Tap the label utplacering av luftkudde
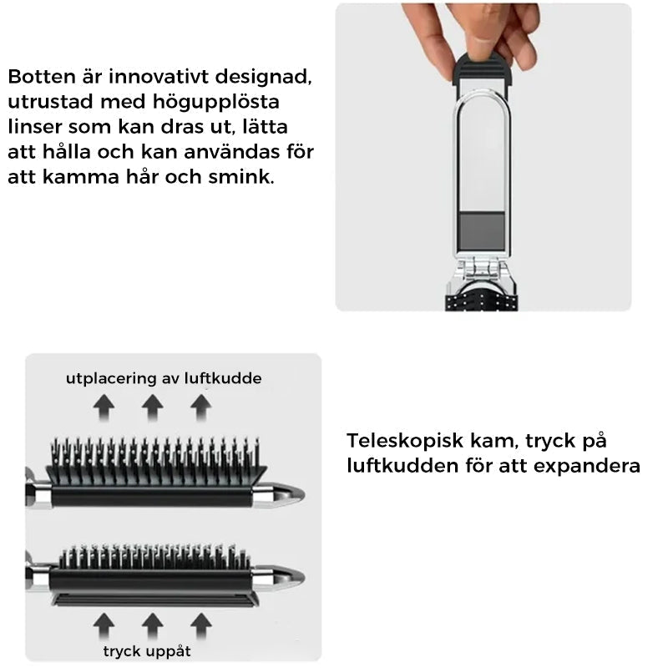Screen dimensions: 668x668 pos(164,378)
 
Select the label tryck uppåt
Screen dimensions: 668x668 pos(148,650)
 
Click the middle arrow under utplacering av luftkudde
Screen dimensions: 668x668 pos(152,407)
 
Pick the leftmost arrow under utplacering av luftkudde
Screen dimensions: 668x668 pos(104,407)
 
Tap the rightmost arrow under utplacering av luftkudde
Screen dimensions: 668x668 pos(200,407)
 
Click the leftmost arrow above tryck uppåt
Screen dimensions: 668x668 pos(104,623)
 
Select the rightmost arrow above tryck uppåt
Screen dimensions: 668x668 pos(200,623)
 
